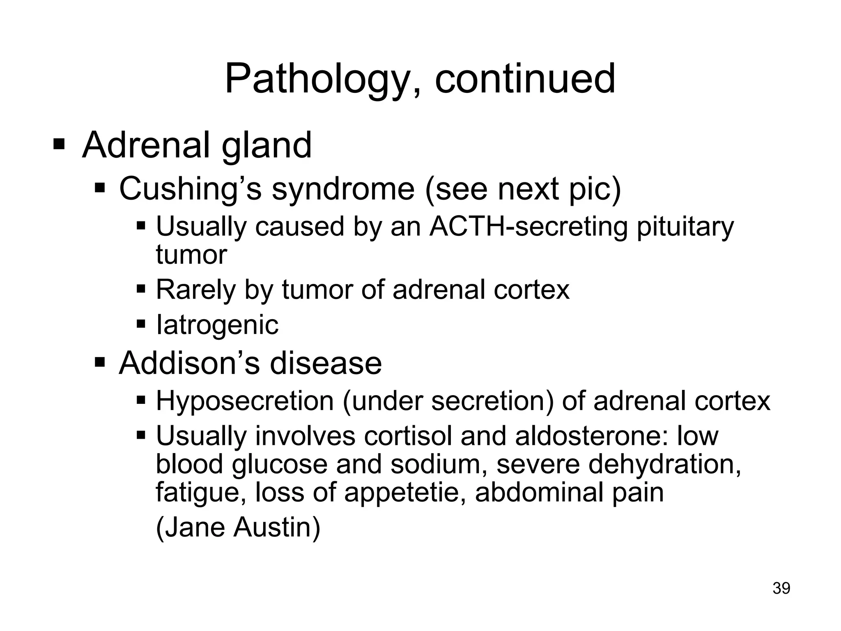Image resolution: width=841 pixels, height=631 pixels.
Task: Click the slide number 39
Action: [781, 588]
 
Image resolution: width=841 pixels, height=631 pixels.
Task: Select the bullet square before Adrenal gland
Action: [59, 145]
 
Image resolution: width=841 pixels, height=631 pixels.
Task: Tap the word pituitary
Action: [685, 227]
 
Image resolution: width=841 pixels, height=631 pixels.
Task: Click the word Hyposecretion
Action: [245, 401]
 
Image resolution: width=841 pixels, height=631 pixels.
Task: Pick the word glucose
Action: [279, 465]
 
